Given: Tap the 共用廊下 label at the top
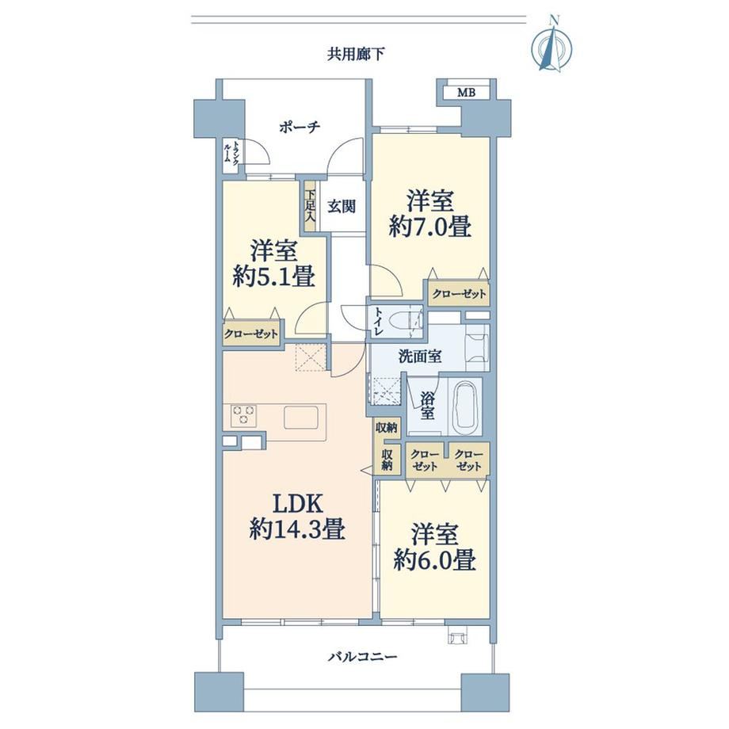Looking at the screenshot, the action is pos(356,55).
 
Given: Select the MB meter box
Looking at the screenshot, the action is pos(466,93).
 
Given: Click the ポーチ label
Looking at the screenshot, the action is pos(300,127).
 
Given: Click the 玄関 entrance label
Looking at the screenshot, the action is pos(342,206).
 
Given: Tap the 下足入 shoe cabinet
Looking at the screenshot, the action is pos(310,205).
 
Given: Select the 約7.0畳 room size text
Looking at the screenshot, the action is pos(430,228).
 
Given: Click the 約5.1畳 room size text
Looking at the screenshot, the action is pos(274,277).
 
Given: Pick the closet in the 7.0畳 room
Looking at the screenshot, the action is pos(459,293).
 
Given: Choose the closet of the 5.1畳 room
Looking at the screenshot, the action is pos(251,334).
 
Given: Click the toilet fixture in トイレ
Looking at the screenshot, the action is pos(403,321).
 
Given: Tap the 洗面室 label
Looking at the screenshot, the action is pos(420,357).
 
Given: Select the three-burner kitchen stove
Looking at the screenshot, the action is pos(243,414).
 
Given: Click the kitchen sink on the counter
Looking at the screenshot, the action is pos(301,417).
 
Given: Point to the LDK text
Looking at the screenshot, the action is pos(298,504).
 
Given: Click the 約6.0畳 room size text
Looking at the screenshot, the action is pos(435,560).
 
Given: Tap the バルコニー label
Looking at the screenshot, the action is pos(363,657).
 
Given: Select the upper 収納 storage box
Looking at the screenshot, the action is pos(387,427).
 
